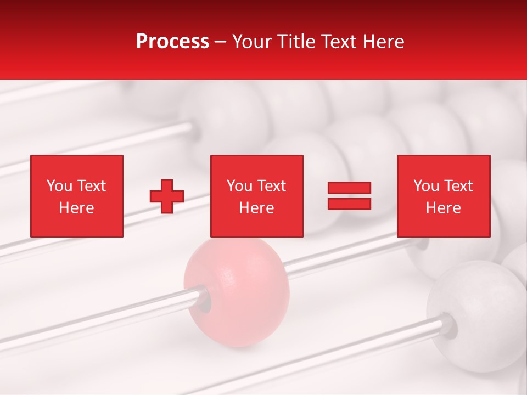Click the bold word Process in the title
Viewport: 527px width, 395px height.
172,42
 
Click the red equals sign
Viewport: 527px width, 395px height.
350,196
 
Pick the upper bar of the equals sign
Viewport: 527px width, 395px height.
350,188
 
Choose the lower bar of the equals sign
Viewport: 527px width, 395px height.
350,204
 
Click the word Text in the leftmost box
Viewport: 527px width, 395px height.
91,186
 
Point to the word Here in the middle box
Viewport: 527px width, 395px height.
256,208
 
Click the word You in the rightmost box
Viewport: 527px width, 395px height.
426,186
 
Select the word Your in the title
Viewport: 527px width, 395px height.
250,42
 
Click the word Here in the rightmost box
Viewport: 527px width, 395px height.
444,208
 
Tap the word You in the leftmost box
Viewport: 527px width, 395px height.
59,186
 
